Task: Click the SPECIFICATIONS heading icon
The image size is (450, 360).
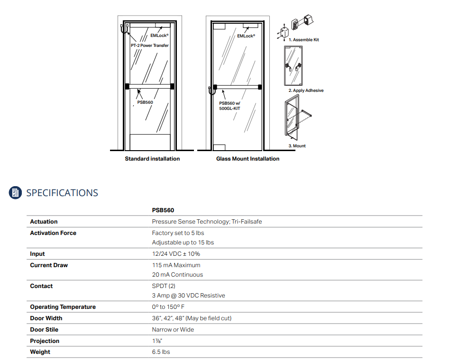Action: click(16, 192)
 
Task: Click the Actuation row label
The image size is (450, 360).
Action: click(44, 222)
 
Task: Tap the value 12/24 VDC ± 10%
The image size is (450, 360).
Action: click(176, 254)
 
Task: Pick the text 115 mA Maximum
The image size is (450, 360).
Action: click(176, 265)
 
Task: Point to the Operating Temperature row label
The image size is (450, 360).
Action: click(63, 307)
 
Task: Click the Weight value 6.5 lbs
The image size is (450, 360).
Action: click(161, 352)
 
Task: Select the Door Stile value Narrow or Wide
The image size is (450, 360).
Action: click(173, 330)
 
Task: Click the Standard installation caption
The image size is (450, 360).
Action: click(152, 159)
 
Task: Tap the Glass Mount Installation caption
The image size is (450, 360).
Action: click(248, 159)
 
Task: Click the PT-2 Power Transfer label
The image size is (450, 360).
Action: click(150, 45)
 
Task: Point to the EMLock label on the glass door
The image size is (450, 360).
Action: click(246, 36)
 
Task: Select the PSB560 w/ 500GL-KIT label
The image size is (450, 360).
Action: click(229, 106)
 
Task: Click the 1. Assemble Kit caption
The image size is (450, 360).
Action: click(303, 40)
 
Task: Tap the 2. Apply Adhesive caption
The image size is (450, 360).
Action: click(306, 90)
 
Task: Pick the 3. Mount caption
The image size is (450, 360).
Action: click(297, 146)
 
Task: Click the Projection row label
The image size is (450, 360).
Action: click(45, 341)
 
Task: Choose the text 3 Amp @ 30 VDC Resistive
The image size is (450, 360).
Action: click(188, 296)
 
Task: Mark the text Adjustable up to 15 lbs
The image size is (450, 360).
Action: click(183, 243)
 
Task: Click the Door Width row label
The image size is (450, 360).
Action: click(46, 318)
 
